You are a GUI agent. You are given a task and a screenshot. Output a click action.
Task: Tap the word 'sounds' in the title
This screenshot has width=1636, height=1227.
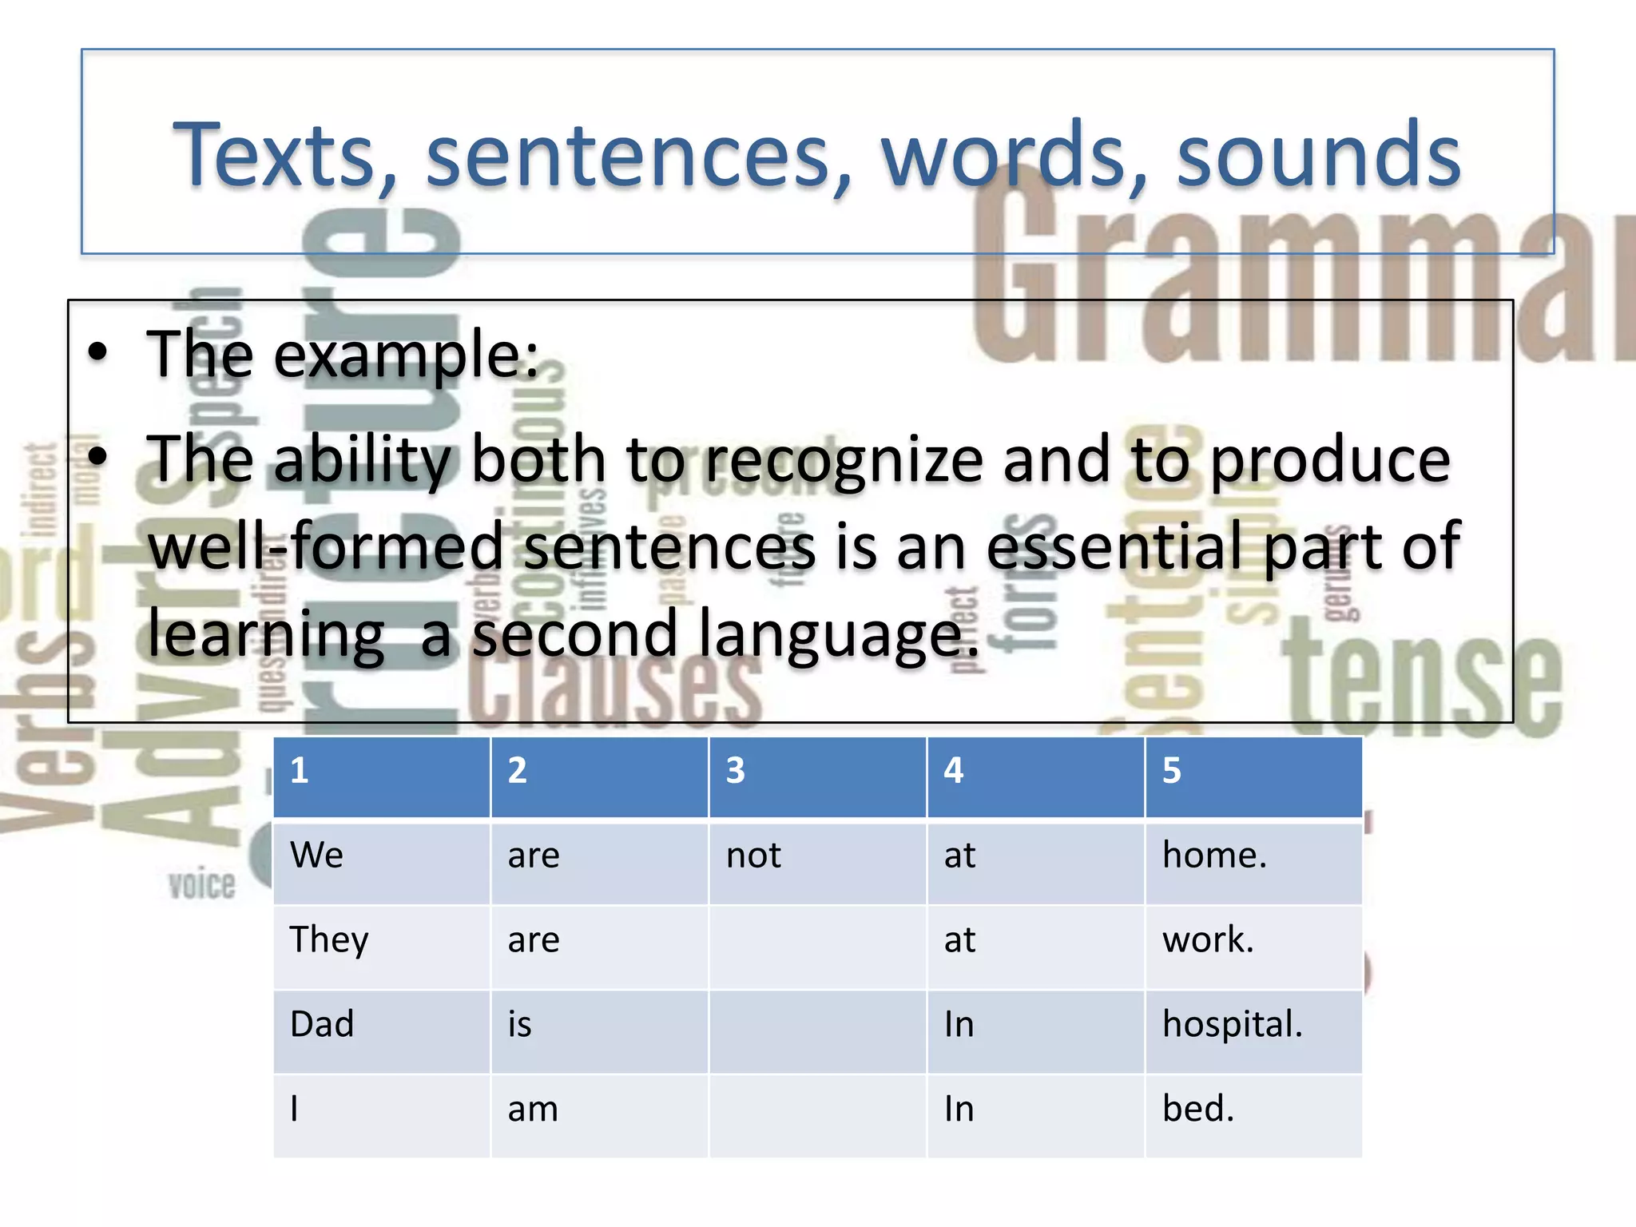(1318, 154)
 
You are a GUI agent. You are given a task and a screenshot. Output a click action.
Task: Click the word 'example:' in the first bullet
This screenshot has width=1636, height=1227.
(407, 354)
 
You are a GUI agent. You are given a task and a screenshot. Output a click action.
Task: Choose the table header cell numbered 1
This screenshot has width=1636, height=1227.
(381, 771)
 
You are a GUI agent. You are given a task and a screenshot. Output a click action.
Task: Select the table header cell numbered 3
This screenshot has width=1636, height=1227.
(817, 771)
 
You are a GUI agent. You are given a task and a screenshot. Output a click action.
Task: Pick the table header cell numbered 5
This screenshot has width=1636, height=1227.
(1253, 771)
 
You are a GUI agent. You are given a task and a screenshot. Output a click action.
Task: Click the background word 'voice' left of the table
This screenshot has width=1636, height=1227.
(202, 885)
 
